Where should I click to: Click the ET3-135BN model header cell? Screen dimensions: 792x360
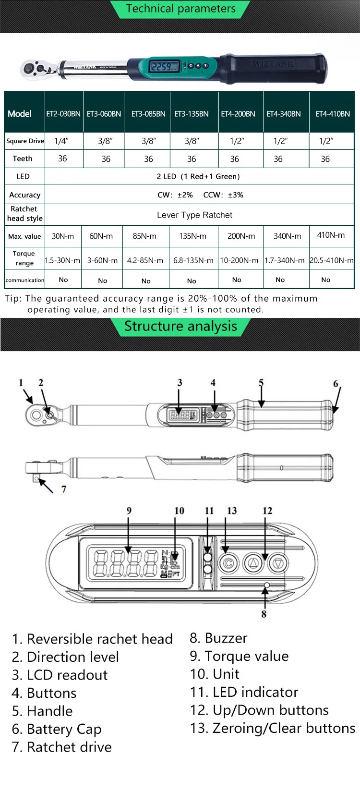click(192, 114)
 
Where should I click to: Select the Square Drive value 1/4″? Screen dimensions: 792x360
click(61, 141)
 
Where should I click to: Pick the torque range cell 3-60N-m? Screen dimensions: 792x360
click(102, 260)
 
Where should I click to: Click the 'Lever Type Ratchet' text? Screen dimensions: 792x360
click(194, 215)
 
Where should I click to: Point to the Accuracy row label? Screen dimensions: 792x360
click(25, 195)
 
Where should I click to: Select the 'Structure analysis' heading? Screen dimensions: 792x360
click(180, 326)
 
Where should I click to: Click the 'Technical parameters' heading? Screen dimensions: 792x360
click(180, 9)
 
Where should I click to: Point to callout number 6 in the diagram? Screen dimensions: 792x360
click(336, 383)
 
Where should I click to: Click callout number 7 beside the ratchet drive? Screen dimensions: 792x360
click(64, 489)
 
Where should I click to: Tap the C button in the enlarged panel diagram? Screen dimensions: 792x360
click(229, 563)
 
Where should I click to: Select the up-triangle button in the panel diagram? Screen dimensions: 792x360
click(253, 562)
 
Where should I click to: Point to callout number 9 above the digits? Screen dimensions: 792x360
click(129, 511)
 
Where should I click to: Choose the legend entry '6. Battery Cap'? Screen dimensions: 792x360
click(57, 729)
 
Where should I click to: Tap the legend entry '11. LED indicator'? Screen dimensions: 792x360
click(244, 692)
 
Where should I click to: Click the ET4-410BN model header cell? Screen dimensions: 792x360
click(333, 114)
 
